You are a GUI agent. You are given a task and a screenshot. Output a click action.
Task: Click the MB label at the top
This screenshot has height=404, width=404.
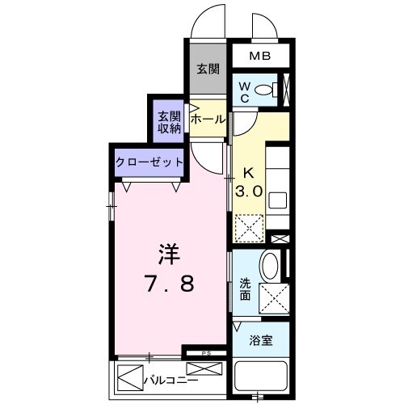coord(259,57)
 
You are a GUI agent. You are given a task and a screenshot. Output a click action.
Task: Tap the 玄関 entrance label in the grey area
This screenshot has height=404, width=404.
coord(207,69)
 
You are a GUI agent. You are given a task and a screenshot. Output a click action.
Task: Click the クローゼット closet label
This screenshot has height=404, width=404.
coord(149,162)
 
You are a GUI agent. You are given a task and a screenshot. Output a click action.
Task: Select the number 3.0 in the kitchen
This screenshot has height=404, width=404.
coord(249,192)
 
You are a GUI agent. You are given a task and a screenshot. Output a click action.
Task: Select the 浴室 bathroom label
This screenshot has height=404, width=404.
coord(260,340)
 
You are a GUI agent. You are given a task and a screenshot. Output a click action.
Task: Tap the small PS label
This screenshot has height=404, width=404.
coord(205,352)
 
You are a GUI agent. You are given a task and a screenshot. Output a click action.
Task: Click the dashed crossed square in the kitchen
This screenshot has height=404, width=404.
coord(249,228)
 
